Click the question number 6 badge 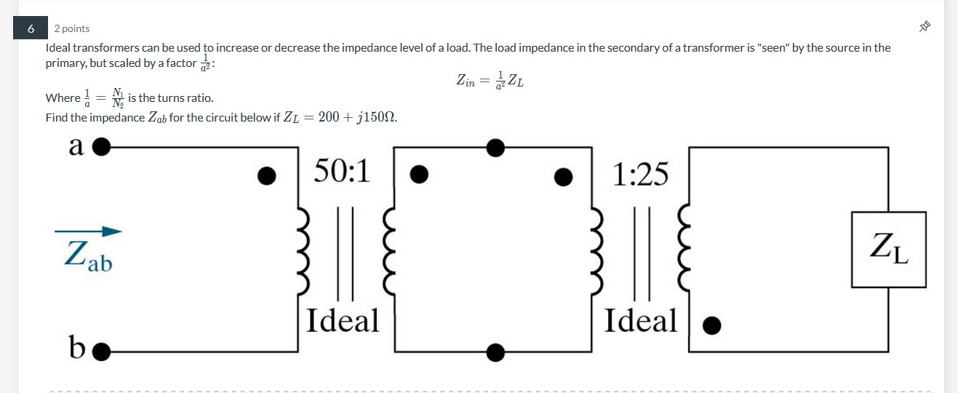31,28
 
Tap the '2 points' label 72,28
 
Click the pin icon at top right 925,27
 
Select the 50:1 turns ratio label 342,172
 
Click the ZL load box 889,249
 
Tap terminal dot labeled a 101,148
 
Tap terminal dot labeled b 101,353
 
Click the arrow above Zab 88,232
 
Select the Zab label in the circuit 88,256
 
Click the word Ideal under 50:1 343,320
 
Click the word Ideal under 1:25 640,320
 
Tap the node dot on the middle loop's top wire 495,148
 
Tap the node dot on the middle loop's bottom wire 495,353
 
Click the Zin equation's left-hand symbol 466,80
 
